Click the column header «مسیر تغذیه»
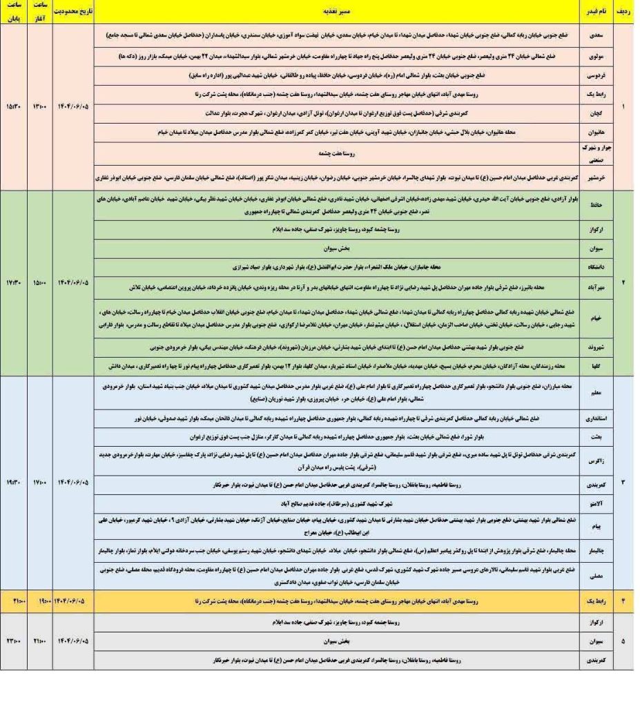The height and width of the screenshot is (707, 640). pos(337,12)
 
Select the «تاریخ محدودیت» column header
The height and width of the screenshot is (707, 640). pos(72,12)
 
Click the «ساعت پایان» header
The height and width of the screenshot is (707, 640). pos(14,12)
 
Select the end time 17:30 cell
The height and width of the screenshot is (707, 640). pos(14,284)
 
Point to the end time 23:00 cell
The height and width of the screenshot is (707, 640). pos(14,641)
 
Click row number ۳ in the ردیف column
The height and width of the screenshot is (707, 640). pos(623,483)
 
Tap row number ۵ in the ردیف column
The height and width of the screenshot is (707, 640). pos(623,641)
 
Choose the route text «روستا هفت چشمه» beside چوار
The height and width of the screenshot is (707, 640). pos(337,155)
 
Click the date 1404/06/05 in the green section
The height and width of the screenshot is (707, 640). pos(72,284)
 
